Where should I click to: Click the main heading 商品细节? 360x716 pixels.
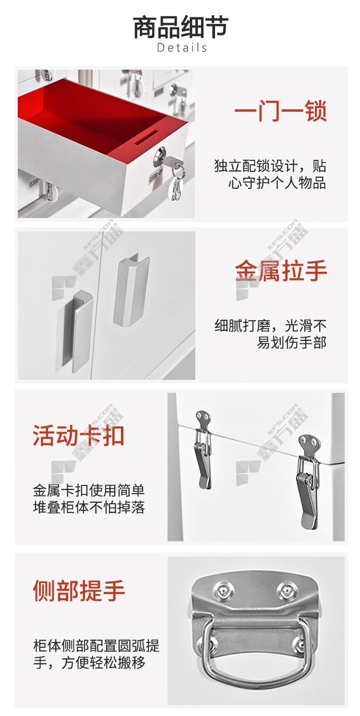coord(180,27)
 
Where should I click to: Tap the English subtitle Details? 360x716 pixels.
coord(182,48)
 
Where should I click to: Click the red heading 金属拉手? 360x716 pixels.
coord(281,270)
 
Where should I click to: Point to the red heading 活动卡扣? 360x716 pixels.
coord(78,436)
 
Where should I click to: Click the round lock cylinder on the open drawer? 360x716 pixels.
coord(160,156)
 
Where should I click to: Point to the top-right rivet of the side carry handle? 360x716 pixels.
coord(285,588)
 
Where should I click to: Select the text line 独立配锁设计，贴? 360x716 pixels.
coord(270,166)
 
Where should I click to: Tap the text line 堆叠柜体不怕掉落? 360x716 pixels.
coord(89,507)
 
